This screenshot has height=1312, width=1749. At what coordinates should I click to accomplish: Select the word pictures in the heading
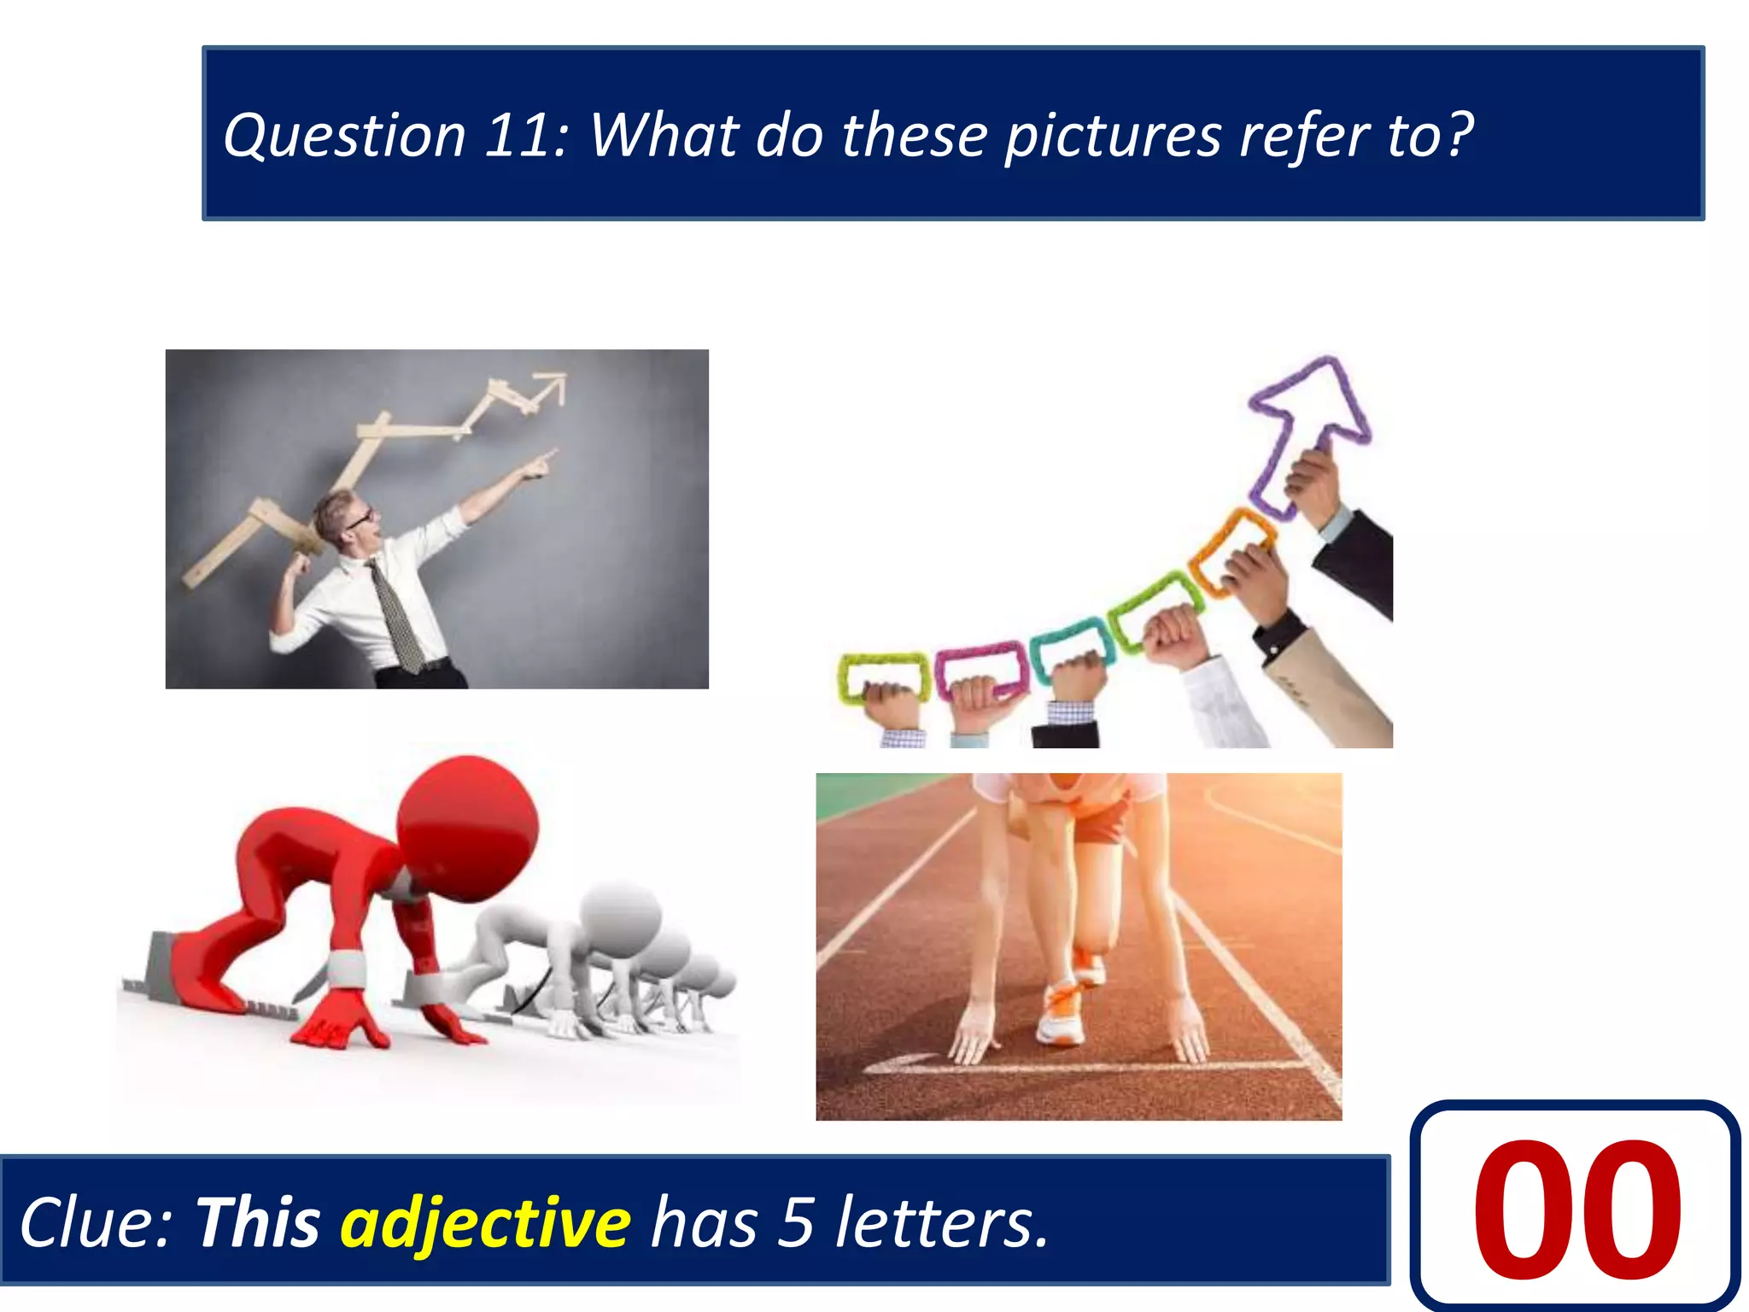(1112, 136)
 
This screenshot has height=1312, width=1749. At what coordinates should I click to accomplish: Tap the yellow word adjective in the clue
(485, 1223)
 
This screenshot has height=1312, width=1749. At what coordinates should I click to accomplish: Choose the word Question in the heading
(344, 136)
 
